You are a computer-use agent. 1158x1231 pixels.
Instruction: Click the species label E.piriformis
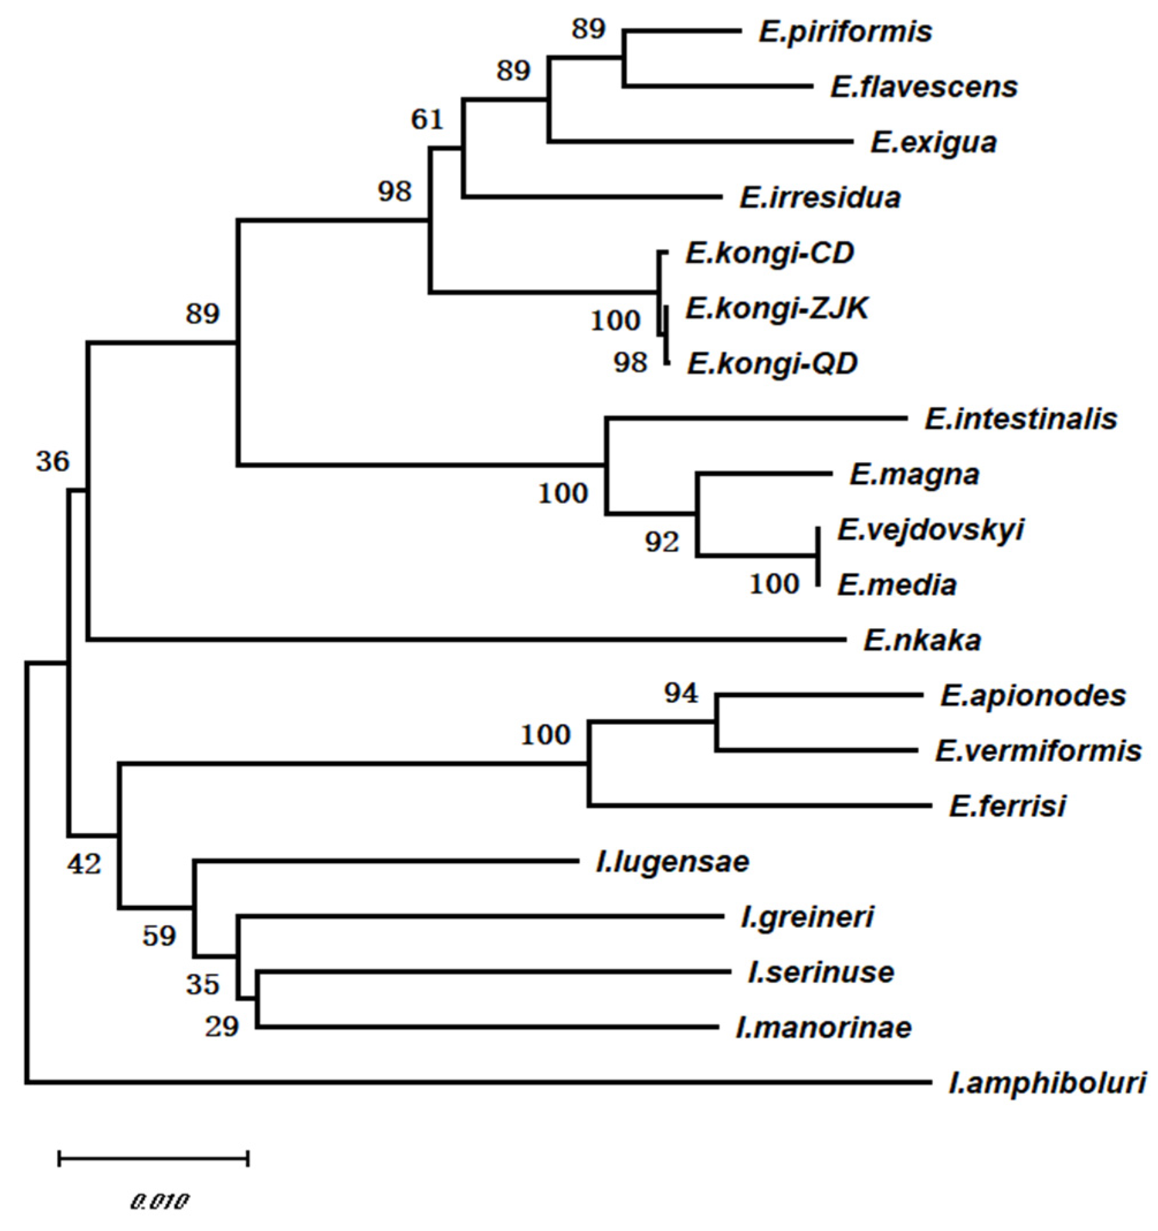point(845,32)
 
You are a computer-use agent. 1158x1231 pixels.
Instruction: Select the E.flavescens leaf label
point(924,87)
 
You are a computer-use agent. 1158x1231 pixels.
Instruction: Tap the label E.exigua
point(933,142)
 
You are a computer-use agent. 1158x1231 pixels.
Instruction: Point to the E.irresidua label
point(820,197)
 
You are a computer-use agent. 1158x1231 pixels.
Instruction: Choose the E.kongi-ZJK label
point(777,307)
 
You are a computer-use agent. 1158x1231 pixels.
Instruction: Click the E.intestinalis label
point(1020,419)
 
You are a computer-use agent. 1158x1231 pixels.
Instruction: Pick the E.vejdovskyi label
point(931,530)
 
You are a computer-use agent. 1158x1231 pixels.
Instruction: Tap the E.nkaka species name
point(922,640)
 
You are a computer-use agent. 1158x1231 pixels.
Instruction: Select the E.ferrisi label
point(1008,806)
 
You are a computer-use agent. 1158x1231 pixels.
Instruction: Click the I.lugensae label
point(673,861)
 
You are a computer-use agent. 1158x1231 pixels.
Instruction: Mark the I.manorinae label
point(823,1028)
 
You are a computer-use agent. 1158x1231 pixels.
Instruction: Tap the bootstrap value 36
point(52,461)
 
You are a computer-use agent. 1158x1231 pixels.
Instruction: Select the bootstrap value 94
point(681,693)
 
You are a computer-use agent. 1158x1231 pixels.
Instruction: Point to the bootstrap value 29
point(222,1027)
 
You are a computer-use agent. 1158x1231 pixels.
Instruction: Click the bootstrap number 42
point(84,864)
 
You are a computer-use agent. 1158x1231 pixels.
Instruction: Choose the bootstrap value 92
point(662,542)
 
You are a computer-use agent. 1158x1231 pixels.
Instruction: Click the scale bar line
point(153,1158)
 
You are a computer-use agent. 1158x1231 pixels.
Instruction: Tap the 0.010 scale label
point(158,1202)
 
